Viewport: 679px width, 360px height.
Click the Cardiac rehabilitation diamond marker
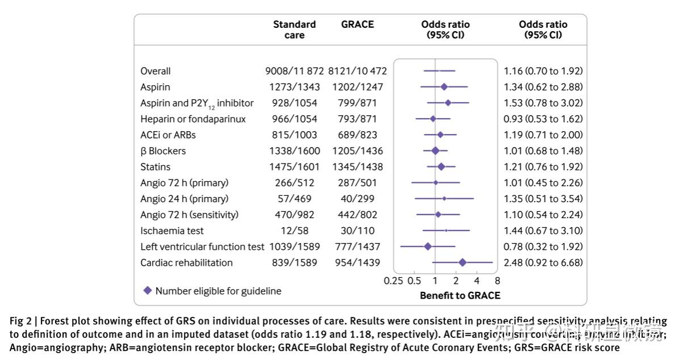pos(462,262)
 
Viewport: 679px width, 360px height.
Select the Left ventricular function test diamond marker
pos(428,246)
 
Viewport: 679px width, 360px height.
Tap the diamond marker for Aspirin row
pos(444,87)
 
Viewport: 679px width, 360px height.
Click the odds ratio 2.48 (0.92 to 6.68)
pos(543,262)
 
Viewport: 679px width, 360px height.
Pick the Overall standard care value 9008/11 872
pos(294,71)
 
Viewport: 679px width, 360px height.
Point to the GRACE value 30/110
pos(358,231)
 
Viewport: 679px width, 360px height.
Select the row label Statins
pos(156,167)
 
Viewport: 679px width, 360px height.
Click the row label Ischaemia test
pos(172,231)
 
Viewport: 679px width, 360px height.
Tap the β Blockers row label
pos(163,151)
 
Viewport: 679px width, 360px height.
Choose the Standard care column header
pos(294,30)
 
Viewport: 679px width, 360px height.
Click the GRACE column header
pos(358,24)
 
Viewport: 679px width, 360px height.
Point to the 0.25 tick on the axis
pos(394,281)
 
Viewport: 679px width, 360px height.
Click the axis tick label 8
pos(497,281)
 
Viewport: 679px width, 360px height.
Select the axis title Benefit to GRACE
pos(460,295)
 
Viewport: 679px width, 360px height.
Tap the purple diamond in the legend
pos(148,291)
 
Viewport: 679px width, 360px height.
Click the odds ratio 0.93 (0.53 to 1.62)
pos(543,119)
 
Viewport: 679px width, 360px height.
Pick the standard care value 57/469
pos(294,199)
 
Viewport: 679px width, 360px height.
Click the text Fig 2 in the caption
pos(20,322)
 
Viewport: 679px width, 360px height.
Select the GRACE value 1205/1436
pos(358,151)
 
